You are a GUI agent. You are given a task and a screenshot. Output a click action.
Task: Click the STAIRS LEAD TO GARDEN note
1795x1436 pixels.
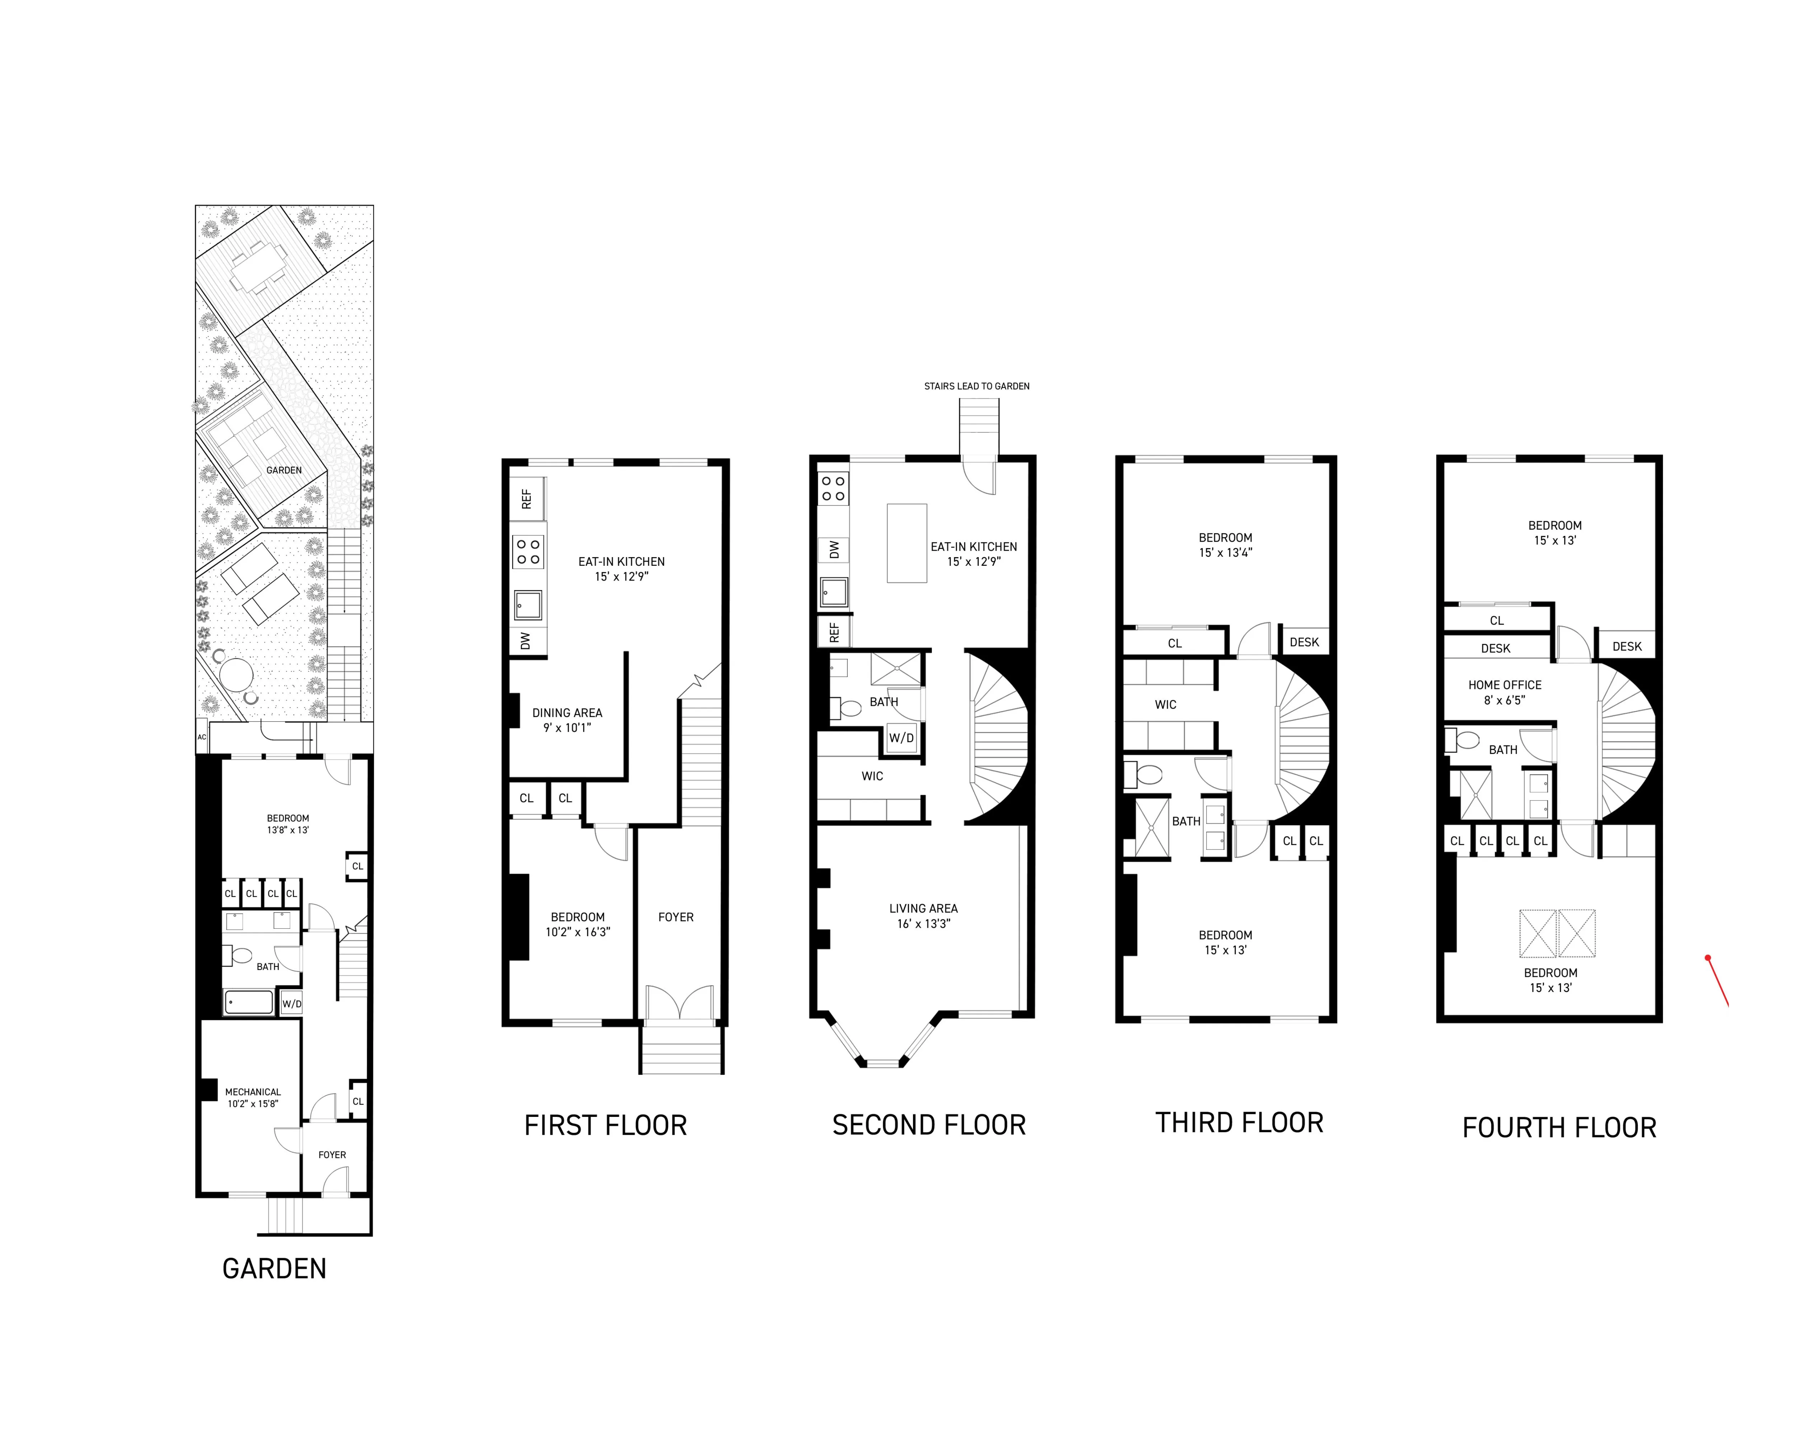click(x=976, y=386)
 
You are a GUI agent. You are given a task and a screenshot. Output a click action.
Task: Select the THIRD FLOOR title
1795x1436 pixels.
click(x=1239, y=1123)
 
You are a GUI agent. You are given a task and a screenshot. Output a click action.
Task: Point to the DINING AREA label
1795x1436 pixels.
click(x=567, y=720)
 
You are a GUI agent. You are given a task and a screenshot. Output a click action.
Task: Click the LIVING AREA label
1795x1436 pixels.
click(x=923, y=916)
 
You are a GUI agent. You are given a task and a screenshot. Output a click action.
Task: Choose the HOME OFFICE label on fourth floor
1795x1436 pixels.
click(x=1505, y=692)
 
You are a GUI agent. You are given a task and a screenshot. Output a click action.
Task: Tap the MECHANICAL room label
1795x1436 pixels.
click(x=253, y=1097)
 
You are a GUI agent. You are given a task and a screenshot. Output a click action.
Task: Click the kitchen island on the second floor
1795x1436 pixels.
click(x=907, y=543)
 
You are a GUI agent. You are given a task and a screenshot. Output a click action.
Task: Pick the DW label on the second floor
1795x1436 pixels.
click(x=833, y=549)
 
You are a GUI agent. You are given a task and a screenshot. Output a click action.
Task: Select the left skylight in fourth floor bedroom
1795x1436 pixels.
click(x=1538, y=933)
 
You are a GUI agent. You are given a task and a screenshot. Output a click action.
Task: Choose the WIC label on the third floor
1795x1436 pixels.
click(x=1166, y=704)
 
